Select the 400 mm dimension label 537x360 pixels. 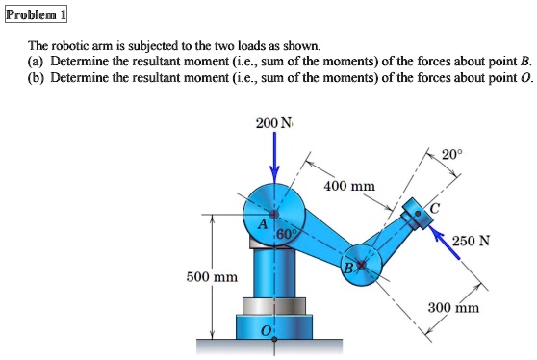(344, 184)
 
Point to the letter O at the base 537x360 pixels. (268, 330)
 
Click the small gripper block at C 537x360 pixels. (416, 214)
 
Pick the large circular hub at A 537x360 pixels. (274, 212)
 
